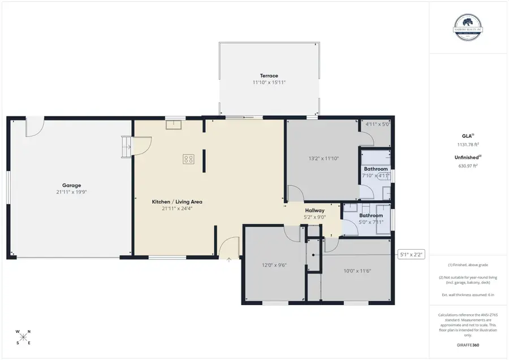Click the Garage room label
(71, 185)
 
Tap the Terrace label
(269, 76)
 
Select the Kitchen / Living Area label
(177, 202)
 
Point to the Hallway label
(314, 210)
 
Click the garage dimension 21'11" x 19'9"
(71, 192)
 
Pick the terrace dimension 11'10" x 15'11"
(269, 83)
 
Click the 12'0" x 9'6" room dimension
(274, 264)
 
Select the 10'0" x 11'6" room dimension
(357, 270)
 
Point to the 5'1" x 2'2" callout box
(412, 255)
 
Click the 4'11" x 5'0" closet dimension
(377, 124)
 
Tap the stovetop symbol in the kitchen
(188, 159)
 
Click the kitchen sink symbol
(174, 125)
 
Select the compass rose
(24, 337)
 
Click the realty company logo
(468, 27)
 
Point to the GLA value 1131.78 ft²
(468, 144)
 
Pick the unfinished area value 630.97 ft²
(468, 166)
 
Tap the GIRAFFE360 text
(468, 345)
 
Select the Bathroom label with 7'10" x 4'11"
(376, 169)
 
